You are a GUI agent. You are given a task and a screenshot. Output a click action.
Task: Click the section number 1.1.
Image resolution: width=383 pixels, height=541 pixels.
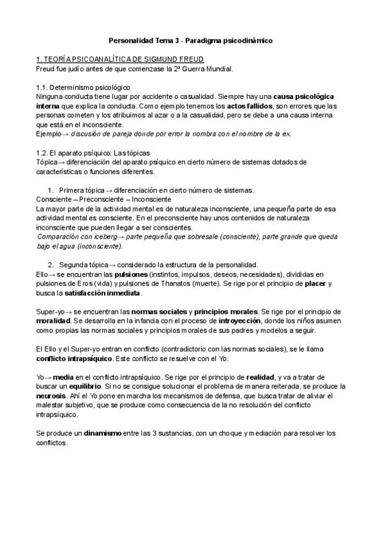point(43,87)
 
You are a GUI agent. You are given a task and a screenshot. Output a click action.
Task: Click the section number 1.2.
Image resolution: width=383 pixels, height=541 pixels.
point(43,152)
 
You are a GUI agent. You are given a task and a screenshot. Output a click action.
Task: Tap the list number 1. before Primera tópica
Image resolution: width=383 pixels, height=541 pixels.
point(51,190)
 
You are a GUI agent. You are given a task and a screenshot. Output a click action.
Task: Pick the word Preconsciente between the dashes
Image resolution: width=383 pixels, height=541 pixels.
point(102,200)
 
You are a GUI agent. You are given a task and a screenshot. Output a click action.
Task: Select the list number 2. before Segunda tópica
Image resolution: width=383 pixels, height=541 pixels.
point(51,264)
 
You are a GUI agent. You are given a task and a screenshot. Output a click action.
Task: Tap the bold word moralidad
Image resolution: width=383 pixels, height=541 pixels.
point(53,321)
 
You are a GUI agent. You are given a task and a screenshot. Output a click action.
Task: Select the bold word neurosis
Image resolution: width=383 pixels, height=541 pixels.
point(53,396)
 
